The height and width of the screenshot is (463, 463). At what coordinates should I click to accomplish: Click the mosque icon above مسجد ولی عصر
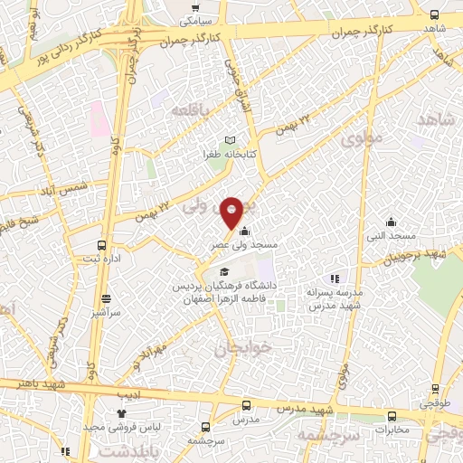tap(243, 231)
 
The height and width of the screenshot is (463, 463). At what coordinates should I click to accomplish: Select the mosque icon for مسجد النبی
tap(391, 222)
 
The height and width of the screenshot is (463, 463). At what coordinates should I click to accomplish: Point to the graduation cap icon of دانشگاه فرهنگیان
tap(224, 271)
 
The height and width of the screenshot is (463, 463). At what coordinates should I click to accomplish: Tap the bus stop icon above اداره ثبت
tap(101, 245)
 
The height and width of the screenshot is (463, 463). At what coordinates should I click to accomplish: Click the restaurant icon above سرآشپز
tap(106, 298)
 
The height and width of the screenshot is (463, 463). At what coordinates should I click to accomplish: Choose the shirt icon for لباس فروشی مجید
tap(120, 412)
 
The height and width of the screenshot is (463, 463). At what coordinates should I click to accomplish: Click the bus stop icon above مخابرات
tap(392, 416)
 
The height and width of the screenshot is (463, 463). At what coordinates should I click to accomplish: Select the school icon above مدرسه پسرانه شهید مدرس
tap(335, 279)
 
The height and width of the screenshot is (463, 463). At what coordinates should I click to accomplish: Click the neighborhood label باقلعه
tap(190, 110)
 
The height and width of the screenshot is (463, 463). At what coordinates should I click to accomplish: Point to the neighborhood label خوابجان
tap(237, 347)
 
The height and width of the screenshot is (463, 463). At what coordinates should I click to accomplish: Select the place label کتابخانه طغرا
tap(230, 155)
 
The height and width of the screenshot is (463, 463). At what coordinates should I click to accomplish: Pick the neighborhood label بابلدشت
tap(122, 449)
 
